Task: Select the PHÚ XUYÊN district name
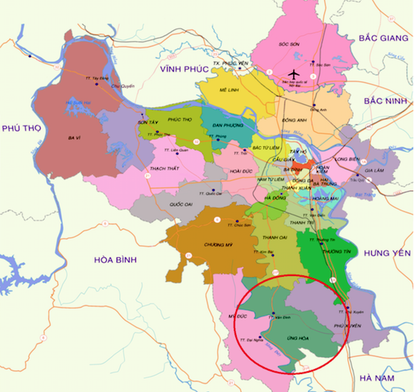(347, 325)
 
